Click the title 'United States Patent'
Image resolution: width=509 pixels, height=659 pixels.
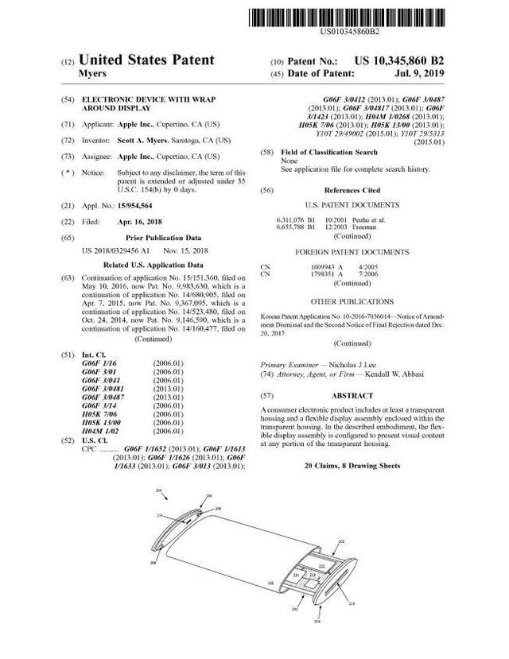coord(147,60)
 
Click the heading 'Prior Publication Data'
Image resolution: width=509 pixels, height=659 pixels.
coord(154,238)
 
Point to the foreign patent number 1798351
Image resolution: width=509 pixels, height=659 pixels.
coord(314,273)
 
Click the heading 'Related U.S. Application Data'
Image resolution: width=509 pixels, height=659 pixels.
coord(154,265)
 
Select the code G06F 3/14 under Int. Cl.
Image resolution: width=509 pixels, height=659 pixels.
coord(99,404)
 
